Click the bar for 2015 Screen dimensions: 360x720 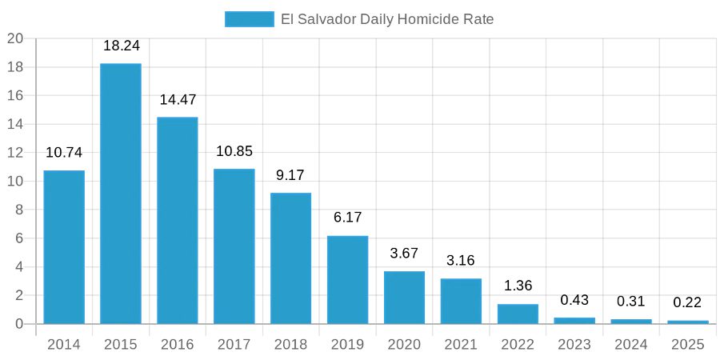pos(121,194)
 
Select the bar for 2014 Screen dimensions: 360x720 pos(64,247)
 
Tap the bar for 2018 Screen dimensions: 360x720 pos(290,258)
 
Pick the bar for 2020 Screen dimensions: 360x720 pos(404,298)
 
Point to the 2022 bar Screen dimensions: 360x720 pos(518,314)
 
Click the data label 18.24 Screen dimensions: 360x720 pos(121,46)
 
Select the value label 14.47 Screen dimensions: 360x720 pos(178,100)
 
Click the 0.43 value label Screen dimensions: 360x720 pos(574,300)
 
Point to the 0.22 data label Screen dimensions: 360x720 pos(688,303)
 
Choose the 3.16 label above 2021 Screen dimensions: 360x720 pos(461,261)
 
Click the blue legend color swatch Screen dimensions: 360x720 pos(249,19)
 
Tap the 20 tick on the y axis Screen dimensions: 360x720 pos(15,38)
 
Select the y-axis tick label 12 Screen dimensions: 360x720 pos(15,153)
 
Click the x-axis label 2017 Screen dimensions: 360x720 pos(234,345)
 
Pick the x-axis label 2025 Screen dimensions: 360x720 pos(688,345)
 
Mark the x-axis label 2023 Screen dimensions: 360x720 pos(574,345)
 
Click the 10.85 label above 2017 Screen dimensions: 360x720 pos(234,151)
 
